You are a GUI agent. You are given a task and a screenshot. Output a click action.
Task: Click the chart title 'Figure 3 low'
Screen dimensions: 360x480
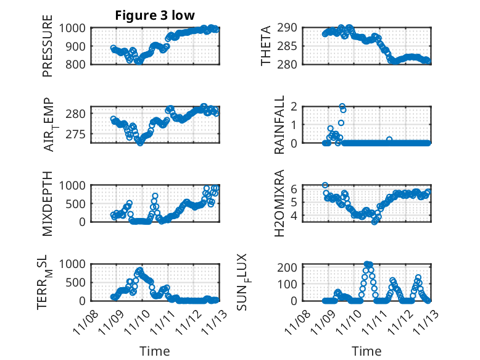tap(155, 16)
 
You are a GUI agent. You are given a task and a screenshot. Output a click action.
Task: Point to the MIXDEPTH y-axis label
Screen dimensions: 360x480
tap(48, 203)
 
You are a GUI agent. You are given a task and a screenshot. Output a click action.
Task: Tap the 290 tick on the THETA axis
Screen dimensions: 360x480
tap(290, 28)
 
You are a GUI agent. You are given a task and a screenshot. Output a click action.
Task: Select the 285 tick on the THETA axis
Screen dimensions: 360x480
tap(290, 46)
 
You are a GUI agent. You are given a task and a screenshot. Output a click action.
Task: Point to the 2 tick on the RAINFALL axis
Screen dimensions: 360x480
tap(295, 107)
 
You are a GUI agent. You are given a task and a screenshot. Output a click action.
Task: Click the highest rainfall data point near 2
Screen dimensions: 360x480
tap(342, 106)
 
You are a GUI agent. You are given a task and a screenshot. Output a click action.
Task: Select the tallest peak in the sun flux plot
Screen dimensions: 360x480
tap(368, 264)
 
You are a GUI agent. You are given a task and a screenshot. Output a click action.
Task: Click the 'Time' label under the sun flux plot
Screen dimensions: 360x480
tap(366, 351)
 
